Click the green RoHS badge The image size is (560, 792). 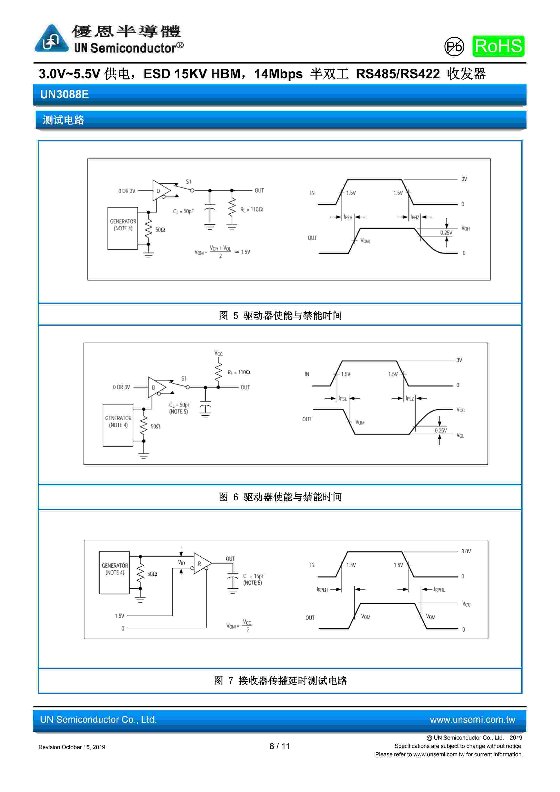click(x=498, y=46)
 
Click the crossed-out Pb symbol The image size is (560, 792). click(x=454, y=46)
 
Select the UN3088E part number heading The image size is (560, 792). click(x=64, y=94)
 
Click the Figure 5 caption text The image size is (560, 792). click(x=280, y=315)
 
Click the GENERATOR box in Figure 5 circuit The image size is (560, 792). click(x=123, y=228)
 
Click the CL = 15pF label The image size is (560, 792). click(x=253, y=576)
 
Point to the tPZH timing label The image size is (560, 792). click(x=348, y=217)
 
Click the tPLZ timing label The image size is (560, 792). click(x=410, y=398)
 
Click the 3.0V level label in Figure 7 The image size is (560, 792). click(x=466, y=551)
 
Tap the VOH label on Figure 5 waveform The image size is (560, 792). click(x=466, y=228)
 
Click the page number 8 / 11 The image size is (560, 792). click(x=280, y=746)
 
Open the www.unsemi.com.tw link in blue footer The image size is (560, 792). click(x=472, y=720)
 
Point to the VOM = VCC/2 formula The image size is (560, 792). click(x=239, y=626)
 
